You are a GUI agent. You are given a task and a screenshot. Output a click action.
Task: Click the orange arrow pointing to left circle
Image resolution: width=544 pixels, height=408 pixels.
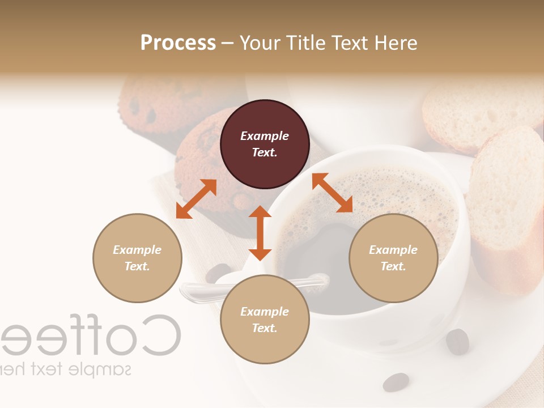pos(196,199)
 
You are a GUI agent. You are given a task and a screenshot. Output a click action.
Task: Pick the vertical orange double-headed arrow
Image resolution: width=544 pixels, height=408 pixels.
pos(260,233)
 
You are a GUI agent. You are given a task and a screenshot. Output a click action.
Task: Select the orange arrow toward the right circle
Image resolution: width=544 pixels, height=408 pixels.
pos(332,193)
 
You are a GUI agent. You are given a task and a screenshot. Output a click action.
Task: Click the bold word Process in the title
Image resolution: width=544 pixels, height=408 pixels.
pos(178,42)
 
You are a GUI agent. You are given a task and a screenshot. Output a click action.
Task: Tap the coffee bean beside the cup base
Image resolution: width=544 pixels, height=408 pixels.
pos(457,341)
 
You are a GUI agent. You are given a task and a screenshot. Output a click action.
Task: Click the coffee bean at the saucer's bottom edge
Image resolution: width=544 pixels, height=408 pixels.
pos(396,382)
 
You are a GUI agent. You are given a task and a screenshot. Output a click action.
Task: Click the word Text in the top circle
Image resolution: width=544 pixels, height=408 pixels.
pos(264,152)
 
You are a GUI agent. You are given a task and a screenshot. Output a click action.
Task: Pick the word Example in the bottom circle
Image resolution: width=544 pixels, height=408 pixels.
pos(265,312)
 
